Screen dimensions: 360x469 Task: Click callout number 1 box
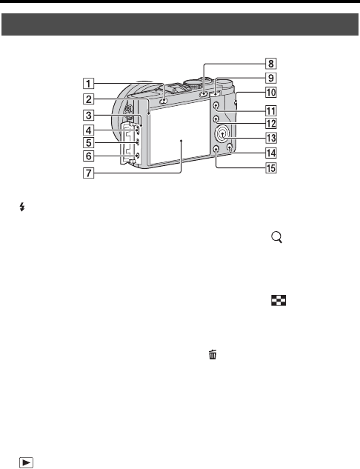88,84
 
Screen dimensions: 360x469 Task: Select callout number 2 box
88,99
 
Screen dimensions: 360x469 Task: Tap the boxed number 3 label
88,115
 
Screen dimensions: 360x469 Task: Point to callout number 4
88,130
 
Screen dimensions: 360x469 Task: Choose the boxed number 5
88,143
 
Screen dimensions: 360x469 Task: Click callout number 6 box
88,156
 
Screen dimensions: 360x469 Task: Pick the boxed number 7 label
88,173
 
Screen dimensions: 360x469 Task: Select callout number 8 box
271,64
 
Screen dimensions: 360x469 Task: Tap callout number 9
271,78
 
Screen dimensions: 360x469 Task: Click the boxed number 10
271,92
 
